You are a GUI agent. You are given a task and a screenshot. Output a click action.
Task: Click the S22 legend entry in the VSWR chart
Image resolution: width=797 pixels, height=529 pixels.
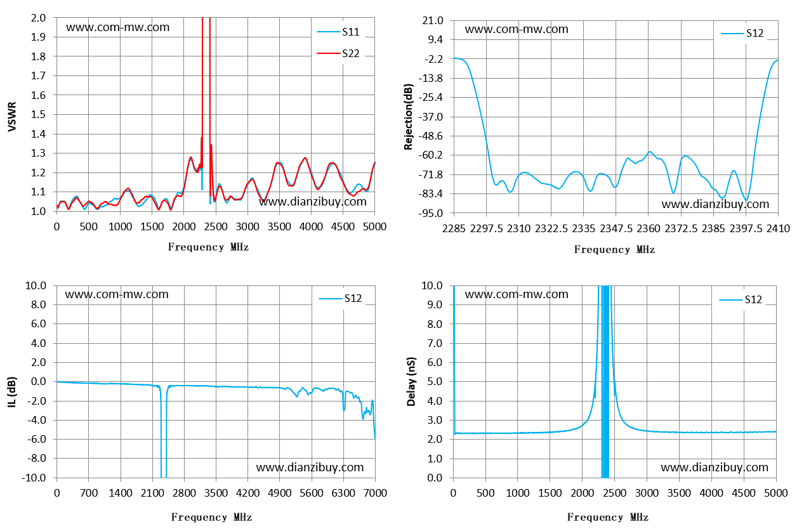click(x=338, y=53)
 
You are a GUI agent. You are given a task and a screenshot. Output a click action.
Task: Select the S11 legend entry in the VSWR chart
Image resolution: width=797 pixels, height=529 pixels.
click(x=338, y=32)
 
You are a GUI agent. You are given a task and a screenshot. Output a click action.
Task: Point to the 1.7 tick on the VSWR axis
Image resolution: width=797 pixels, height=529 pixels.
click(x=39, y=75)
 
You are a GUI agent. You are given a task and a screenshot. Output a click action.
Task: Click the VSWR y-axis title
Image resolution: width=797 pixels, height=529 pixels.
click(x=12, y=116)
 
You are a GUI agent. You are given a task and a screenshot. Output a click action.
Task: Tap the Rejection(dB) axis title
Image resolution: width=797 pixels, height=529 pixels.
click(x=409, y=117)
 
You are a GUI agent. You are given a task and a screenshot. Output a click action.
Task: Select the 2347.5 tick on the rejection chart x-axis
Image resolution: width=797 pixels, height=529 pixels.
click(x=616, y=228)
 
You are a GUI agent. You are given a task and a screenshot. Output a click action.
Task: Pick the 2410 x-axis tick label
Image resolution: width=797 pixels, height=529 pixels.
click(x=778, y=228)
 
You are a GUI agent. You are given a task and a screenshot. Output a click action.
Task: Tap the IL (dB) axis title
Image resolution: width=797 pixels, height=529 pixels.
click(x=12, y=392)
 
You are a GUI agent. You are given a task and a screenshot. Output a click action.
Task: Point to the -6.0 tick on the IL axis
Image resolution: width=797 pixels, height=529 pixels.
click(x=37, y=439)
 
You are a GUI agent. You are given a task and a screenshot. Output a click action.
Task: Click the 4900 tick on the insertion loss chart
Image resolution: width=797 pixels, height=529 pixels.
click(x=280, y=493)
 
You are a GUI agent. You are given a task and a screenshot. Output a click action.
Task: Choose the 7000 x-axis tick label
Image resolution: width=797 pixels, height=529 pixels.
click(x=376, y=493)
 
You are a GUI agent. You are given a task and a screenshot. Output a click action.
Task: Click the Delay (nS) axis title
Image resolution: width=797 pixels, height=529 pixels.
click(x=411, y=382)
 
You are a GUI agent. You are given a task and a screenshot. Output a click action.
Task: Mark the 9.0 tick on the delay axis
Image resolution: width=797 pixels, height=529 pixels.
click(x=435, y=304)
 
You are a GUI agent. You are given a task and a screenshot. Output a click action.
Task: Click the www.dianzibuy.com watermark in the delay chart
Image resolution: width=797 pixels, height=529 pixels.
click(x=715, y=467)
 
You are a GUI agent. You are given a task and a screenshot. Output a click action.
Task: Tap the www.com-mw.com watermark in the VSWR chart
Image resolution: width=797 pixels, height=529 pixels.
click(x=118, y=27)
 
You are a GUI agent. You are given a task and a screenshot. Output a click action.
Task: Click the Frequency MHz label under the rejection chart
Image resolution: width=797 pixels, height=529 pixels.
click(x=614, y=249)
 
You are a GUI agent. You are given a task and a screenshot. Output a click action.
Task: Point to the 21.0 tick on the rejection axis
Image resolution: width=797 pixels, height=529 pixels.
click(x=433, y=21)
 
